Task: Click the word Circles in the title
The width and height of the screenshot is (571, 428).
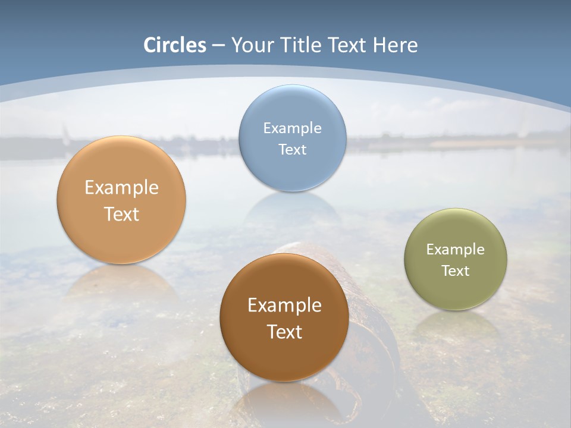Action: [x=175, y=45]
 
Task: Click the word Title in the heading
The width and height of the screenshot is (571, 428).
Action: [x=305, y=45]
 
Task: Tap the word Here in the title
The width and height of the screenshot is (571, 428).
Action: [x=396, y=45]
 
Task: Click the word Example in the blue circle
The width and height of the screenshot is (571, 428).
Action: [x=293, y=128]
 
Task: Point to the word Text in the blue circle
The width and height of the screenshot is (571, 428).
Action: [x=293, y=149]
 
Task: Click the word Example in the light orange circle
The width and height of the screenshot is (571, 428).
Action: [x=121, y=188]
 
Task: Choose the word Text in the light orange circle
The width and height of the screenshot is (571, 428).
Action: [x=121, y=214]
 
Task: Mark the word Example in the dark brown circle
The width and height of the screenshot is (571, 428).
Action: [x=284, y=306]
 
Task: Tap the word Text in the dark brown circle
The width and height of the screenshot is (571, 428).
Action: [x=284, y=332]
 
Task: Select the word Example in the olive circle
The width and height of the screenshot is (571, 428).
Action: [x=456, y=250]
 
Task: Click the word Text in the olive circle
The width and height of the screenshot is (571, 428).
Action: [x=456, y=271]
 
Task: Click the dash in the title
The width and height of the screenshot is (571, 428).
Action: [x=218, y=46]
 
